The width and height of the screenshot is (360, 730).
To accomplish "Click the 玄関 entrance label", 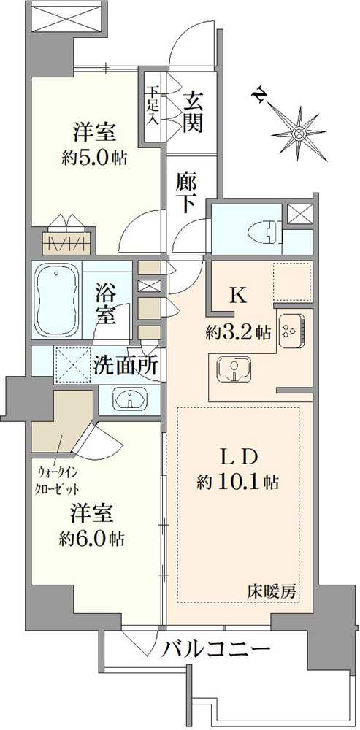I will pos(193,111).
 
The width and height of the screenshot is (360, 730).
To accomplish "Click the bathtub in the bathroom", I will pos(56,299).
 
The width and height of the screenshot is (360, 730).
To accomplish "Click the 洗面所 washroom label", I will pos(126,364).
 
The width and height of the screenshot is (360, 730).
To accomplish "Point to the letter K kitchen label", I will pos(238,296).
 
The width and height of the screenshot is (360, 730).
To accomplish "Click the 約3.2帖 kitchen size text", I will pos(238,333).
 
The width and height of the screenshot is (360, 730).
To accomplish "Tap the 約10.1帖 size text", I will pos(237,483).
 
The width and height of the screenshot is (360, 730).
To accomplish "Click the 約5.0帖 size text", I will pos(93,157).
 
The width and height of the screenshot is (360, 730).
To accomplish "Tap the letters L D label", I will pos(238,456).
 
